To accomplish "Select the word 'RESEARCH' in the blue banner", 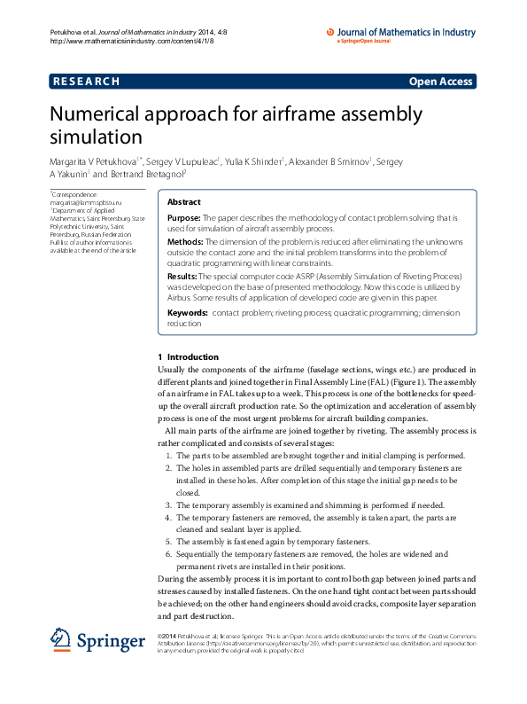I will pos(86,82).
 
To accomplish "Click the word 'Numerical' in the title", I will pos(97,115).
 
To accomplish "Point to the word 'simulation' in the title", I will pos(96,137).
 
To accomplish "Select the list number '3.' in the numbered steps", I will pos(168,504).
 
